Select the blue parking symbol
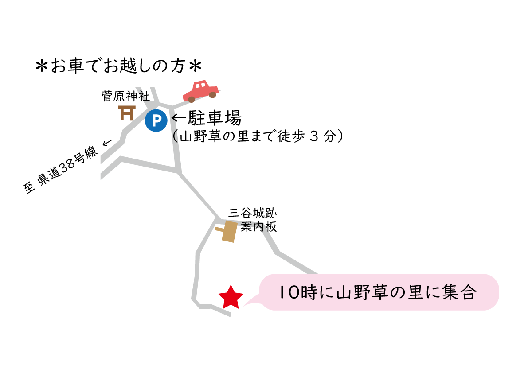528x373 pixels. (x=156, y=120)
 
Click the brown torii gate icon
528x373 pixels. (x=127, y=113)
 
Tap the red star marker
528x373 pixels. (x=231, y=298)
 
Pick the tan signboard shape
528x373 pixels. (x=229, y=231)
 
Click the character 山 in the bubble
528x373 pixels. (x=345, y=292)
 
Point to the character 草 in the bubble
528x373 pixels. (x=380, y=292)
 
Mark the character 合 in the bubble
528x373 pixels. (x=469, y=292)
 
